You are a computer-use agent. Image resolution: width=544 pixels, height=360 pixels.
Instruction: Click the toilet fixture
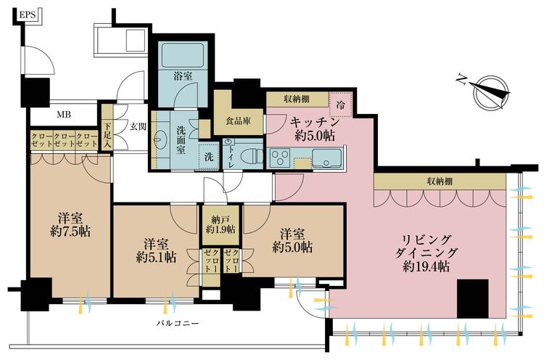250,154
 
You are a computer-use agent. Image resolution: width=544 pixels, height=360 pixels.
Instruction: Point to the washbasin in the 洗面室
160,140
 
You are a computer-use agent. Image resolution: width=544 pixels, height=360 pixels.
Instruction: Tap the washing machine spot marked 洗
207,157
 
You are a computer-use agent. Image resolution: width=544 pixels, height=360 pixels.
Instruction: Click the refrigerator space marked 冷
340,104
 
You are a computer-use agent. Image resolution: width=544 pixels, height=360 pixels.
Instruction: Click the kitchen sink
331,155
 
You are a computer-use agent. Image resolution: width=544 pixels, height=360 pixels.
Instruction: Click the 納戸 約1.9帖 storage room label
221,224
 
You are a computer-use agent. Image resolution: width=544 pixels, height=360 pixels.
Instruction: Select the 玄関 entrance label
138,126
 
